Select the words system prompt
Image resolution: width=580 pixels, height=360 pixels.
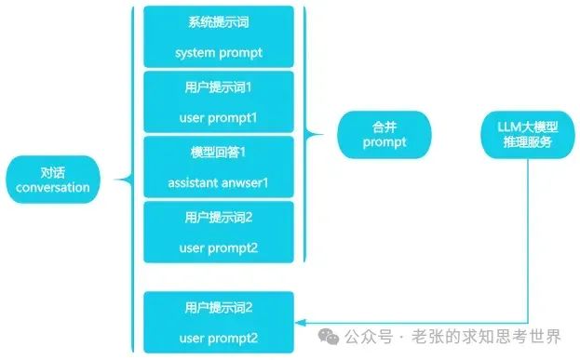[218, 53]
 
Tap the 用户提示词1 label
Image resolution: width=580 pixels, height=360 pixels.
[218, 85]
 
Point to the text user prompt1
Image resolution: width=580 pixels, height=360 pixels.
[218, 118]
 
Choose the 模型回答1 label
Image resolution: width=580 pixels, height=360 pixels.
[218, 150]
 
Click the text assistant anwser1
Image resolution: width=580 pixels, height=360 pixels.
[218, 182]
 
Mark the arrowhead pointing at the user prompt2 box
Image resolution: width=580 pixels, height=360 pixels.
[300, 322]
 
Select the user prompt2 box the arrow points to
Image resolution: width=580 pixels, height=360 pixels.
[218, 322]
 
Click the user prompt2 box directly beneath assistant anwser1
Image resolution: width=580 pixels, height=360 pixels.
[218, 233]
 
